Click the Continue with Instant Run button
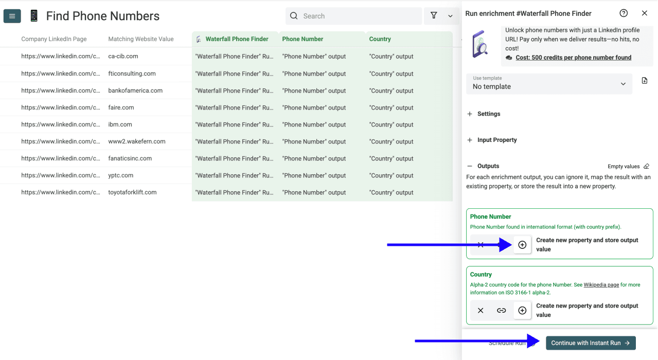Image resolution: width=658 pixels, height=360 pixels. click(591, 343)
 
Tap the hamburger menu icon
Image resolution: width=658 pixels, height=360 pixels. click(12, 16)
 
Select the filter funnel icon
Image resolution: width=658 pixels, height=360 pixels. click(434, 16)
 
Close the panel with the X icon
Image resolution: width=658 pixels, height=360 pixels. click(644, 13)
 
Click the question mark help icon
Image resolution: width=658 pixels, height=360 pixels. click(624, 13)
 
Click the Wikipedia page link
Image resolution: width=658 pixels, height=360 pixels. click(601, 285)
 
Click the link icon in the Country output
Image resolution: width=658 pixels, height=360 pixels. click(501, 311)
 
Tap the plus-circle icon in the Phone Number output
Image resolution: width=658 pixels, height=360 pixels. click(522, 245)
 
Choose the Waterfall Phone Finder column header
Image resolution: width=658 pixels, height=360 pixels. click(237, 39)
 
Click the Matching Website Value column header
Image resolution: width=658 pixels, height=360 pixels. click(141, 39)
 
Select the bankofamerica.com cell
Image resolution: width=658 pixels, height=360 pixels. click(135, 91)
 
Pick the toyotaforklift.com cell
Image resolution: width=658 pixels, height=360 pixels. click(132, 192)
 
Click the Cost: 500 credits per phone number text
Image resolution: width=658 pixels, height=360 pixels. click(573, 58)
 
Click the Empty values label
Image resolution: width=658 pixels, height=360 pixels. click(624, 167)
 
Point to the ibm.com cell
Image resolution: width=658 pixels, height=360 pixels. click(120, 124)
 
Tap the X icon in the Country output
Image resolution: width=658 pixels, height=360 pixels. click(481, 311)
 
